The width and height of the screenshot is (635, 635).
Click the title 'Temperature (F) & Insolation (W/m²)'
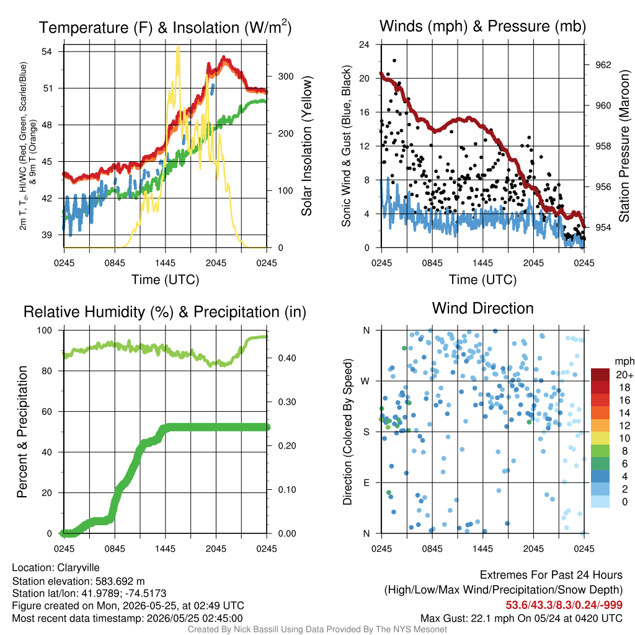(165, 27)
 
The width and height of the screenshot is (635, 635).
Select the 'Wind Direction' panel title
(482, 308)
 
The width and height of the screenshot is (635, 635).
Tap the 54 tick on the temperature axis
(47, 51)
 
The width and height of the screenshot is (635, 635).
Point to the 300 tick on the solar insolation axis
(285, 76)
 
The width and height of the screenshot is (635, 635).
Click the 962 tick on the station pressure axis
(603, 64)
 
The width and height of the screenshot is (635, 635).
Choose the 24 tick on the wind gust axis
(364, 44)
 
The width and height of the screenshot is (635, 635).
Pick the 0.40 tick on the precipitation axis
(287, 358)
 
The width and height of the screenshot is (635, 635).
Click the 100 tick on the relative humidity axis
(45, 330)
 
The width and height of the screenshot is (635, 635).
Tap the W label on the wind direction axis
(365, 381)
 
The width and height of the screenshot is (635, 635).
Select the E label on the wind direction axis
(366, 482)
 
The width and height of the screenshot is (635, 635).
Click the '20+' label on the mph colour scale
(624, 375)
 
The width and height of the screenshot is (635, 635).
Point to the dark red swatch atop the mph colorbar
(600, 375)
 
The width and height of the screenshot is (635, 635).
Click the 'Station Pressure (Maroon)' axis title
(624, 146)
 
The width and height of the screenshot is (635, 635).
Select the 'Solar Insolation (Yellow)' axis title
(306, 146)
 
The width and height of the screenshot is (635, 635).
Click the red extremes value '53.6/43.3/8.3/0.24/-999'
(564, 605)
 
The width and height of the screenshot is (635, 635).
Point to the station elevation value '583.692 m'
(120, 581)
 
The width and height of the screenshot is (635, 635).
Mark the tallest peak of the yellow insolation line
(178, 47)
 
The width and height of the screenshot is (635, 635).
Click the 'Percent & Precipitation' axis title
(22, 432)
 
